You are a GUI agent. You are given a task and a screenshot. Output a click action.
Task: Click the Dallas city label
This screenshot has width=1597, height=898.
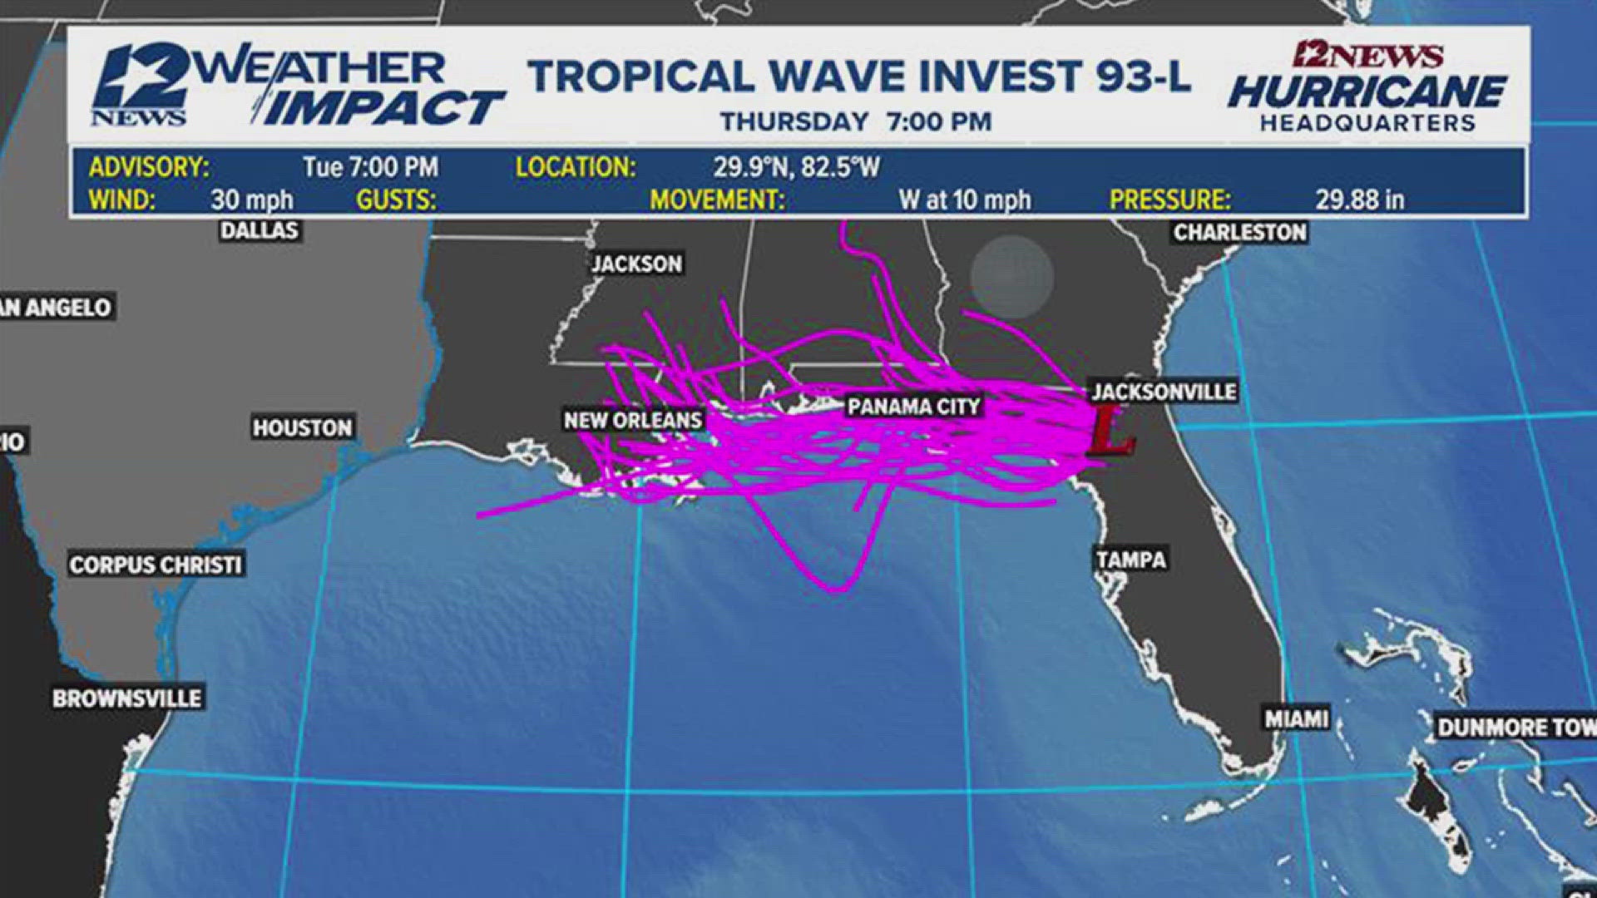(x=260, y=230)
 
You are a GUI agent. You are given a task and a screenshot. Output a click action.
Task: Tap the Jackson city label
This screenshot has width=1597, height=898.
(x=636, y=264)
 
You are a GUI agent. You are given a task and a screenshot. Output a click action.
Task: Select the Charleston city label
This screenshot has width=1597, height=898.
(x=1239, y=232)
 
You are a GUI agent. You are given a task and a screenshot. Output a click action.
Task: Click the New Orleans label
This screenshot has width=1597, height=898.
(x=633, y=420)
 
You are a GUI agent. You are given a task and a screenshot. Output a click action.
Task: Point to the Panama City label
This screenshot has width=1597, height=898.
(x=914, y=407)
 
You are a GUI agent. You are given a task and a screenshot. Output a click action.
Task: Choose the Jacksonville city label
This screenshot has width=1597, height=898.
(x=1164, y=392)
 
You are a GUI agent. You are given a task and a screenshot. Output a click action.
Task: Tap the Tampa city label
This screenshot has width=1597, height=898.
(x=1130, y=560)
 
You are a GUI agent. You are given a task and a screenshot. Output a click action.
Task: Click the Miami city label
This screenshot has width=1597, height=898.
(x=1297, y=718)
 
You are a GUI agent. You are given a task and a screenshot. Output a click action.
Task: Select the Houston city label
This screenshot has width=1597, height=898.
(x=303, y=427)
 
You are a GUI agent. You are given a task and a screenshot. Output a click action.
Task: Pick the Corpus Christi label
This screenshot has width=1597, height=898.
(x=156, y=565)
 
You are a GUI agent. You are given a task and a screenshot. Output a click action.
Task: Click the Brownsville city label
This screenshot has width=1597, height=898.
(x=127, y=698)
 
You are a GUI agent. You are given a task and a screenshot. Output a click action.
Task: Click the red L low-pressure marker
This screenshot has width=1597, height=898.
(x=1111, y=431)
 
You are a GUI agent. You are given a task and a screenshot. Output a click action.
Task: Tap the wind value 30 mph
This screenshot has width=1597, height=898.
(x=251, y=200)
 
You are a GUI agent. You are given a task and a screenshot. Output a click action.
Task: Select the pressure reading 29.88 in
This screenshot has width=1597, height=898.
(x=1359, y=200)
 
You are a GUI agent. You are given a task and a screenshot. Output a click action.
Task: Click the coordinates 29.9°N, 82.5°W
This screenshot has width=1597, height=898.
(x=796, y=167)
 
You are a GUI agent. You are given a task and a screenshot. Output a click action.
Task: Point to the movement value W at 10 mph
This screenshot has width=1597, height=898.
(x=964, y=200)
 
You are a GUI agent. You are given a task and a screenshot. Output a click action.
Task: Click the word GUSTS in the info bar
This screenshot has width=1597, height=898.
(x=396, y=200)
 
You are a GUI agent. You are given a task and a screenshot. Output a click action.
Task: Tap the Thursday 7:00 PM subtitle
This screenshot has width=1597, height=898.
(x=856, y=122)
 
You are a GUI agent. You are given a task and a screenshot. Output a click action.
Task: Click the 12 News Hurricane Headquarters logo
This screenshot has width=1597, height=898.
(x=1367, y=86)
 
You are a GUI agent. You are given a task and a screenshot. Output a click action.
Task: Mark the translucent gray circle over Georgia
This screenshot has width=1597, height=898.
(x=1012, y=277)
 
